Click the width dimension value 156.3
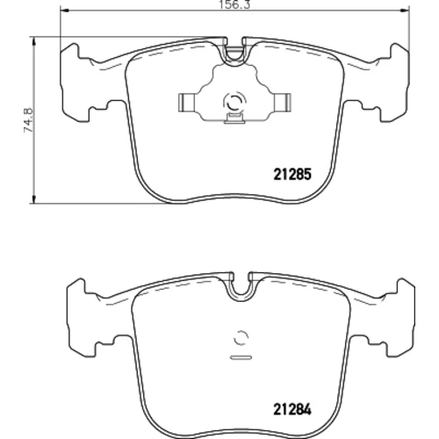(x=234, y=5)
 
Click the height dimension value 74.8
(x=29, y=120)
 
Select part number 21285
(x=292, y=175)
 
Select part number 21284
(x=292, y=409)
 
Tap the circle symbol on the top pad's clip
(x=234, y=102)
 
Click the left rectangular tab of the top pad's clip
(x=188, y=103)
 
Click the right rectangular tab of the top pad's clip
(x=282, y=103)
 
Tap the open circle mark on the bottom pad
(x=241, y=338)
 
